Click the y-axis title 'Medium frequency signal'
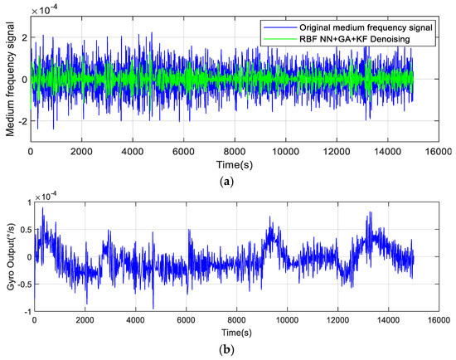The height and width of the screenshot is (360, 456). click(x=9, y=80)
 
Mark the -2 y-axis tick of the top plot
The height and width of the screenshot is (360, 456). click(x=22, y=120)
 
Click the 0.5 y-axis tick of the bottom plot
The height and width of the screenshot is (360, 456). click(x=19, y=229)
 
